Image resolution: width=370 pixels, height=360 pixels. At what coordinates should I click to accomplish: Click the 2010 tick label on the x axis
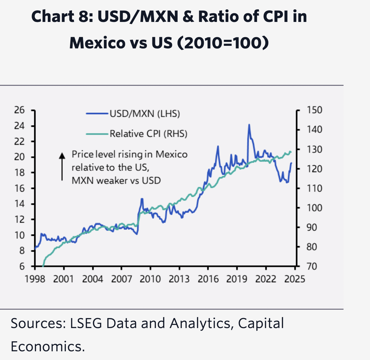150,279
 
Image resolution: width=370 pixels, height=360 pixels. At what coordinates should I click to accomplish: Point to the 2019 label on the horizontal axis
237,279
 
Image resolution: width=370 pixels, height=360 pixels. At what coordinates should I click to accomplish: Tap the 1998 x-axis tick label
35,279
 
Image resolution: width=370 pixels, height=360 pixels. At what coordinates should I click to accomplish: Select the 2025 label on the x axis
294,279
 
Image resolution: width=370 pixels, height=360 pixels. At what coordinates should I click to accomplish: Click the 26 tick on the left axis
19,110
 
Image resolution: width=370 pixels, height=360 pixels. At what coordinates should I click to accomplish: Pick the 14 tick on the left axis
19,204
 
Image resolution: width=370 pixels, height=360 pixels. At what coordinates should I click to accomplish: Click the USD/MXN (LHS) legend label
145,114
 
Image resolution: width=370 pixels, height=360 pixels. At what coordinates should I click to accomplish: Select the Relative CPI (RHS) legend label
149,134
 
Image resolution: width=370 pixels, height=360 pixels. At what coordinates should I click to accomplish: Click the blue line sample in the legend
97,114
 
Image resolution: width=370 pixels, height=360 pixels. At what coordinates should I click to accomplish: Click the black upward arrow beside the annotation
62,166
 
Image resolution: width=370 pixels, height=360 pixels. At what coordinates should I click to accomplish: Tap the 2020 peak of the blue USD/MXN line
249,125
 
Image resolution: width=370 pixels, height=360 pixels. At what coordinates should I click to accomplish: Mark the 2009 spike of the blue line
142,199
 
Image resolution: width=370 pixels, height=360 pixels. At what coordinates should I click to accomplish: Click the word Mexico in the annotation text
171,154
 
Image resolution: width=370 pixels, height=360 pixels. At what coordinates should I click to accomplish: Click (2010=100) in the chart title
222,43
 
